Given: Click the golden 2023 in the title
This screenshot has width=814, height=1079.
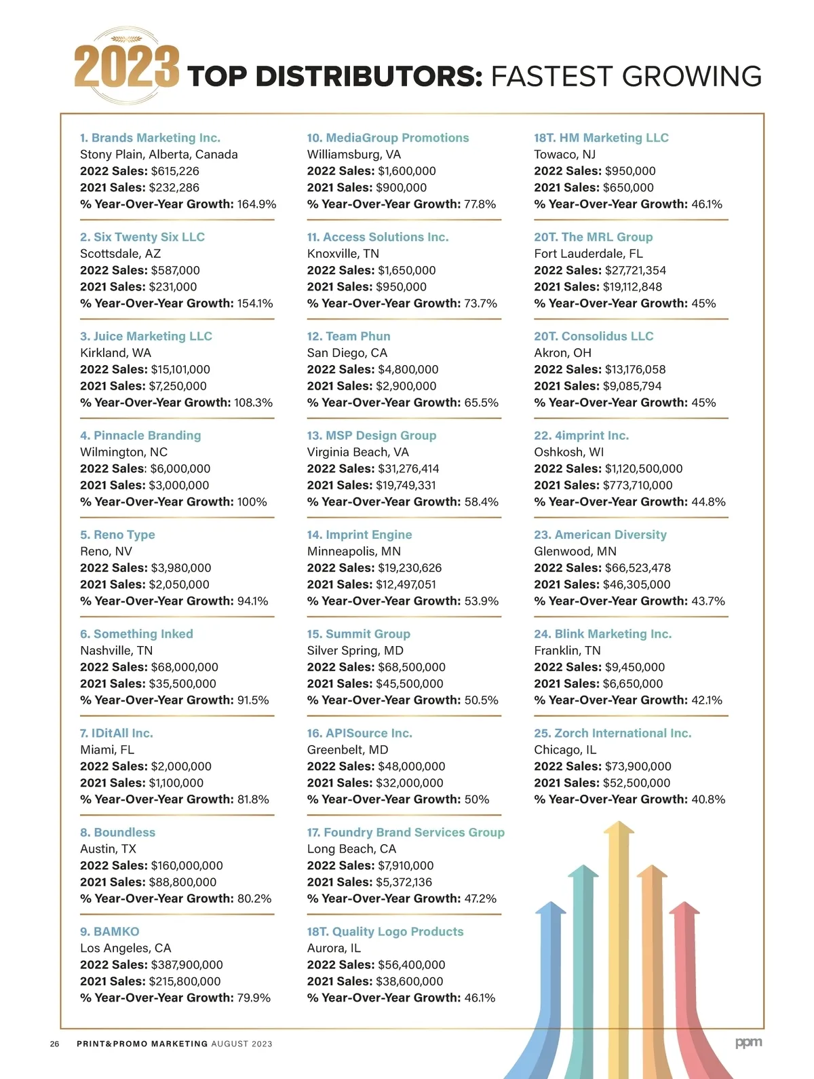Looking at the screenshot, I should click(126, 67).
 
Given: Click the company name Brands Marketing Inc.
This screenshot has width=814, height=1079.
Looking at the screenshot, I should click(150, 138).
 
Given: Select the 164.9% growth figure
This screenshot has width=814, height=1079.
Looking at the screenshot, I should click(256, 204).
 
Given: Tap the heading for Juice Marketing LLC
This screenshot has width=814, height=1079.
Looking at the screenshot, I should click(146, 337).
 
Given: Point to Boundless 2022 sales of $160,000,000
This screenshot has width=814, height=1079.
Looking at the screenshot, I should click(187, 866).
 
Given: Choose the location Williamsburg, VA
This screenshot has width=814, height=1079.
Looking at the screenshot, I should click(353, 155).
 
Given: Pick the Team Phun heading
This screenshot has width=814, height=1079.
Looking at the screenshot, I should click(349, 337).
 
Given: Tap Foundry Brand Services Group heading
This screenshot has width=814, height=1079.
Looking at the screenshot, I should click(406, 833).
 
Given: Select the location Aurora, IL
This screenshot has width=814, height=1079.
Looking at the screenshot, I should click(334, 949).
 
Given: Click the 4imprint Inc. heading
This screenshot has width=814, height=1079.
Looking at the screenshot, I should click(581, 436).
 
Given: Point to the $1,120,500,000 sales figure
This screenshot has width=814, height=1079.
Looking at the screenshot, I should click(644, 469).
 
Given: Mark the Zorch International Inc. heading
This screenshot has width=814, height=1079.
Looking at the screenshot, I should click(613, 734).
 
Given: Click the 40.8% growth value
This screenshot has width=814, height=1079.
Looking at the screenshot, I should click(708, 799).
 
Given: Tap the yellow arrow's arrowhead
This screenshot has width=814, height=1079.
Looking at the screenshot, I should click(619, 828).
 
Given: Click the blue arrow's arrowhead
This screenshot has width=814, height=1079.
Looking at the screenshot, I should click(550, 908).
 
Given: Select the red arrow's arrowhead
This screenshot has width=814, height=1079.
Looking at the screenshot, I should click(684, 908).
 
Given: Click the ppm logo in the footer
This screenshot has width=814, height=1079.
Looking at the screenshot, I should click(748, 1042).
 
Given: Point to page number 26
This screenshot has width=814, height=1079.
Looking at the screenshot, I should click(54, 1044).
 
